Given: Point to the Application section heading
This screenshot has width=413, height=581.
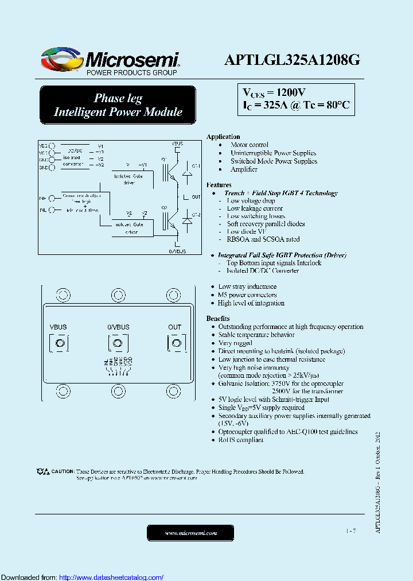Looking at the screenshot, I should click(x=223, y=137).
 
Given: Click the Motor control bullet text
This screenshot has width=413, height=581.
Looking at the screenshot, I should click(x=250, y=145).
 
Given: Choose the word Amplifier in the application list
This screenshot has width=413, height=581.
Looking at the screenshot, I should click(x=244, y=169).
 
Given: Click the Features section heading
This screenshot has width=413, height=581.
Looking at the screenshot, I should click(x=219, y=185).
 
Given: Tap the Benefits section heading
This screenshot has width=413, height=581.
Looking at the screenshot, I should click(x=218, y=318).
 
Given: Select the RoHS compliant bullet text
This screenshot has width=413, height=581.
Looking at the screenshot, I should click(x=241, y=440).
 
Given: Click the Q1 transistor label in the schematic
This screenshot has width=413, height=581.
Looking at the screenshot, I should click(x=164, y=158).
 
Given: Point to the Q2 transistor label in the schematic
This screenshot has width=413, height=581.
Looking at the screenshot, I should click(x=164, y=207).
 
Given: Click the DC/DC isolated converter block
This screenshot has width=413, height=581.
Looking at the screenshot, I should click(x=73, y=157).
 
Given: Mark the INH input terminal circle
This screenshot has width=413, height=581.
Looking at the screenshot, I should click(x=52, y=198).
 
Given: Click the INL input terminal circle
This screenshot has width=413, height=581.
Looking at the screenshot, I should click(x=52, y=211).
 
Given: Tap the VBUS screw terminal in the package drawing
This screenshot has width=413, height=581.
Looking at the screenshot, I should click(x=59, y=343).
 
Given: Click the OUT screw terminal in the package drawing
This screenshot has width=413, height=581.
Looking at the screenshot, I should click(x=175, y=343).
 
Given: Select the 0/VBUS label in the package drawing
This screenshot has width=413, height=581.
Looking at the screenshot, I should click(x=118, y=327).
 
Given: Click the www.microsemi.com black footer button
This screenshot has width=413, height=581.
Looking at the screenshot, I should click(x=190, y=533).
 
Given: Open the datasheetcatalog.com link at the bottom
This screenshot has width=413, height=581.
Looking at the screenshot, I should click(x=111, y=578).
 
